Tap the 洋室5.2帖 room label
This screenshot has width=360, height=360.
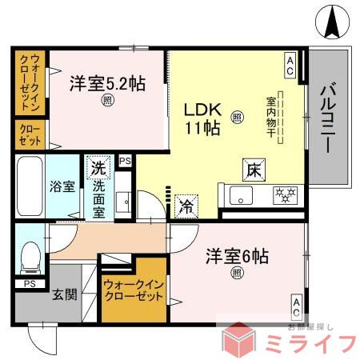[x=106, y=83]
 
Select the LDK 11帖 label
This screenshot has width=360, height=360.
[x=204, y=118]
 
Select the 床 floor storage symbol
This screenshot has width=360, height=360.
[x=252, y=170]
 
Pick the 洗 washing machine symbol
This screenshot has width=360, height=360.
[x=98, y=169]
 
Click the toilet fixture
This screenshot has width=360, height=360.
[x=30, y=254]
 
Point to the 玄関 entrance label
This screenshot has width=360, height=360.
[x=66, y=294]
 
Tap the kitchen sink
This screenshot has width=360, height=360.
[x=240, y=194]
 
